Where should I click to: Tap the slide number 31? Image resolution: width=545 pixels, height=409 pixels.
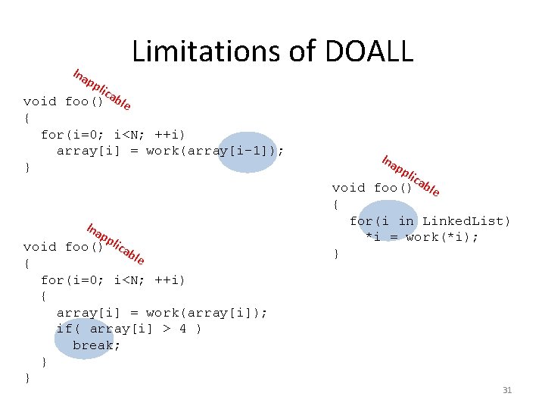point(507,390)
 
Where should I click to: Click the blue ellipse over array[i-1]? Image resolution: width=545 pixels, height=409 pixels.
point(247,152)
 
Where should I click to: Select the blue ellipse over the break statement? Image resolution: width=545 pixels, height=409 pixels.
point(83,339)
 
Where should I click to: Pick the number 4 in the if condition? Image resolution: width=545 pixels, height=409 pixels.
point(183,329)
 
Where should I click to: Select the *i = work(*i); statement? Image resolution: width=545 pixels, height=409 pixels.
point(422,238)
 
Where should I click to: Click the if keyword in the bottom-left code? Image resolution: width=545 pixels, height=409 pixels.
point(65,329)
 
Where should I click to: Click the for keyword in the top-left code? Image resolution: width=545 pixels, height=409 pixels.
point(52,135)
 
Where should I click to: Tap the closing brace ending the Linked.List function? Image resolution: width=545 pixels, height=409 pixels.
point(336,254)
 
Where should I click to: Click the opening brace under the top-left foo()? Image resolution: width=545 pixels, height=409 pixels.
point(27,118)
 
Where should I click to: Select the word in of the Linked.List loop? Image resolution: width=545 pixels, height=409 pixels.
point(406,221)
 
